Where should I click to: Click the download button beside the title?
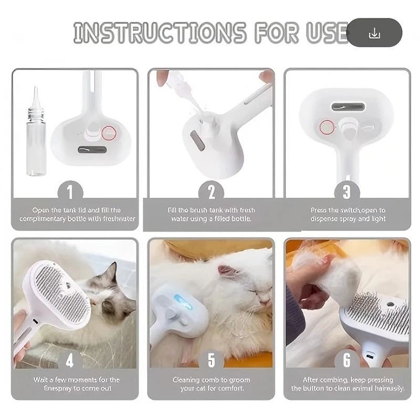pyautogui.click(x=374, y=33)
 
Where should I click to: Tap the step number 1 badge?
pyautogui.click(x=74, y=192)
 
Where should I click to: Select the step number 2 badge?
pyautogui.click(x=211, y=192)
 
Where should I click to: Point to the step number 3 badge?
pyautogui.click(x=347, y=192)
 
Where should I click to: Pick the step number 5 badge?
pyautogui.click(x=211, y=360)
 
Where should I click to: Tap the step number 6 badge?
pyautogui.click(x=347, y=360)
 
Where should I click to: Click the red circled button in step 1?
pyautogui.click(x=109, y=133)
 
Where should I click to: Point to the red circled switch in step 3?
pyautogui.click(x=327, y=127)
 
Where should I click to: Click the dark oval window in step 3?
pyautogui.click(x=348, y=107)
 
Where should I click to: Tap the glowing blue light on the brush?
pyautogui.click(x=183, y=302)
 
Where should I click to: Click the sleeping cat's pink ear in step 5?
pyautogui.click(x=227, y=271)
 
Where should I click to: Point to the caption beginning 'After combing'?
pyautogui.click(x=347, y=384)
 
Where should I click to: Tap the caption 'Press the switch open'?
pyautogui.click(x=347, y=214)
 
